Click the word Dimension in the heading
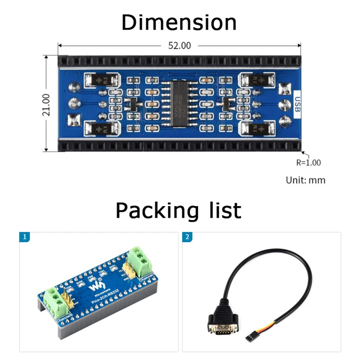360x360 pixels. pyautogui.click(x=179, y=22)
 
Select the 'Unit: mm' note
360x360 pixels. pyautogui.click(x=305, y=180)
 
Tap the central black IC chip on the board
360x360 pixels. pyautogui.click(x=178, y=103)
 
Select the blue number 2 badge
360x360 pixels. pyautogui.click(x=187, y=237)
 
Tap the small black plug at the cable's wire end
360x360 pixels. pyautogui.click(x=248, y=336)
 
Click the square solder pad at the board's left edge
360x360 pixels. pyautogui.click(x=73, y=120)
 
